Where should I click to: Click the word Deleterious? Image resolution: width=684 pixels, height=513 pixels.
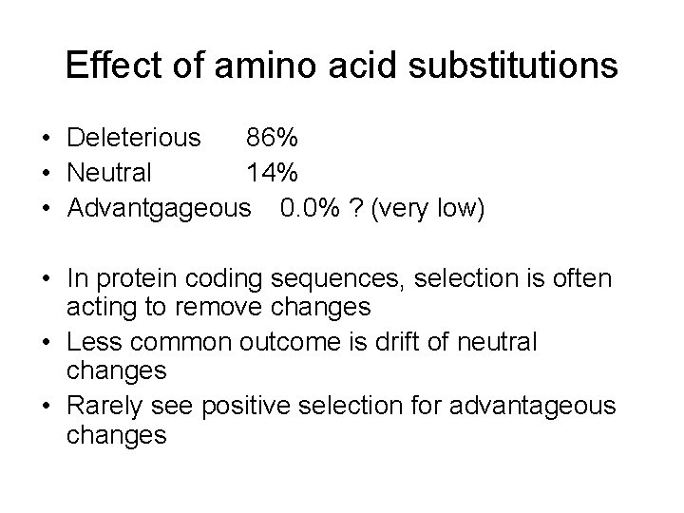(x=134, y=139)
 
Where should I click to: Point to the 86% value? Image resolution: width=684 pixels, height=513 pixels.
(x=273, y=139)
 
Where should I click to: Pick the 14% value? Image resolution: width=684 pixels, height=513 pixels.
(x=273, y=173)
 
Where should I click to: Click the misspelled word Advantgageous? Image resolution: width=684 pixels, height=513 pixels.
(x=161, y=208)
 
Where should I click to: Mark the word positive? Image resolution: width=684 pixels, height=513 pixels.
(x=250, y=406)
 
